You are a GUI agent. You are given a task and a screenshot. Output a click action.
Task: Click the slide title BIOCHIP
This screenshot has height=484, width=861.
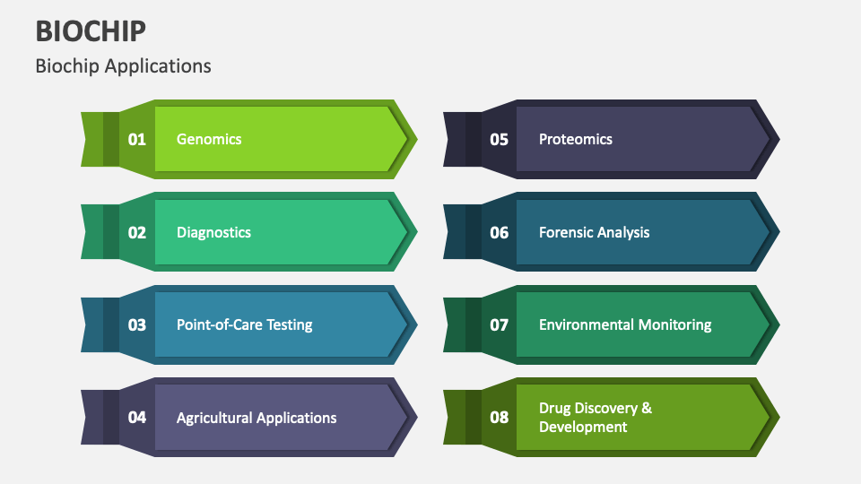pyautogui.click(x=91, y=30)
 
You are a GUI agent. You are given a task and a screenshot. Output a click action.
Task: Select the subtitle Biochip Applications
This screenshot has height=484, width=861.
pyautogui.click(x=124, y=66)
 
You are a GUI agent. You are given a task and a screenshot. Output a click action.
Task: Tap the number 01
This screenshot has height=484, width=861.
pyautogui.click(x=136, y=139)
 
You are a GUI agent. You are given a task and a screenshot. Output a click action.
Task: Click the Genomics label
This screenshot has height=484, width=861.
pyautogui.click(x=209, y=139)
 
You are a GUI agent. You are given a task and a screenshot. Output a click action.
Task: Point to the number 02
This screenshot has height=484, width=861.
pyautogui.click(x=136, y=232)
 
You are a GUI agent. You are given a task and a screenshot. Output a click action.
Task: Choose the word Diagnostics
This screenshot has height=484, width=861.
pyautogui.click(x=213, y=232)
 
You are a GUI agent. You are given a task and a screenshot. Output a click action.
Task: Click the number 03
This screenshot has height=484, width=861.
pyautogui.click(x=136, y=324)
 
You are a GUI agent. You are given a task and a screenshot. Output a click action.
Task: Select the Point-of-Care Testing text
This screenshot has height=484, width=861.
pyautogui.click(x=244, y=324)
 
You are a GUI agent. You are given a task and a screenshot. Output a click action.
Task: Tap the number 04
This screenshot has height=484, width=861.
pyautogui.click(x=136, y=418)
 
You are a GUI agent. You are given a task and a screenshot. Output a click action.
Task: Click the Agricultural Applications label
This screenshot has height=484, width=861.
pyautogui.click(x=257, y=418)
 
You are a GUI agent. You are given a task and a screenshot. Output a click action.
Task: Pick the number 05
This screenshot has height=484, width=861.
pyautogui.click(x=499, y=139)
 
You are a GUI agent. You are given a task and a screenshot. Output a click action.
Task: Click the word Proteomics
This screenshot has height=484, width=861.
pyautogui.click(x=575, y=139)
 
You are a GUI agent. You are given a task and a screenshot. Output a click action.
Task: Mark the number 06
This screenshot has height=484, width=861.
pyautogui.click(x=499, y=232)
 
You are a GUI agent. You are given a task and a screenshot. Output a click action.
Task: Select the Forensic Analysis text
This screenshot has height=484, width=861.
pyautogui.click(x=594, y=232)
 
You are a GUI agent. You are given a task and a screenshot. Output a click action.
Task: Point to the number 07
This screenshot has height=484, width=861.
pyautogui.click(x=499, y=324)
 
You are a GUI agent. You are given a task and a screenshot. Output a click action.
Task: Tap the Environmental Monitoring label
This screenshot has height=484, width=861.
pyautogui.click(x=625, y=324)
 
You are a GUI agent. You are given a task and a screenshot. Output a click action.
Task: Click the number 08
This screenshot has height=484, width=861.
pyautogui.click(x=499, y=418)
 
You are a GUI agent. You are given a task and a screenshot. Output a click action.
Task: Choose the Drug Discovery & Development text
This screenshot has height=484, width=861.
pyautogui.click(x=595, y=418)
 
